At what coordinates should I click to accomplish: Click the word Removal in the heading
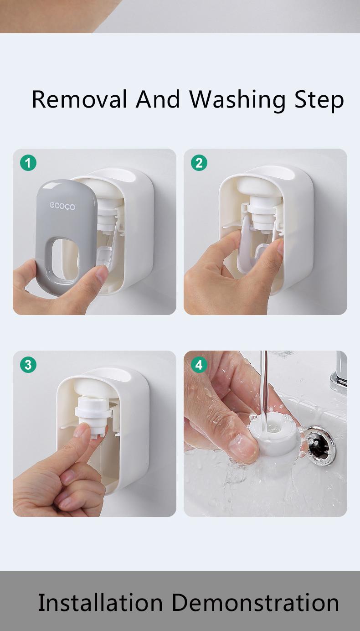coord(79,99)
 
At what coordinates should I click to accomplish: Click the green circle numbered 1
coord(28,163)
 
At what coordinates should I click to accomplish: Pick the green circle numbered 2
coord(199,163)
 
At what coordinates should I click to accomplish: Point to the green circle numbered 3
coord(28,365)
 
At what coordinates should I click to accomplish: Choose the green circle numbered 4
coord(199,365)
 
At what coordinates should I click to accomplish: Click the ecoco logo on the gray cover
coord(62,206)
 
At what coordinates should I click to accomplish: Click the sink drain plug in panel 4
coord(320,444)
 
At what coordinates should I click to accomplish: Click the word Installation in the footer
coord(100,602)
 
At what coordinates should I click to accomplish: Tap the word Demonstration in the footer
coord(255,602)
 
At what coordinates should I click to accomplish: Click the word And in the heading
coord(158,99)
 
